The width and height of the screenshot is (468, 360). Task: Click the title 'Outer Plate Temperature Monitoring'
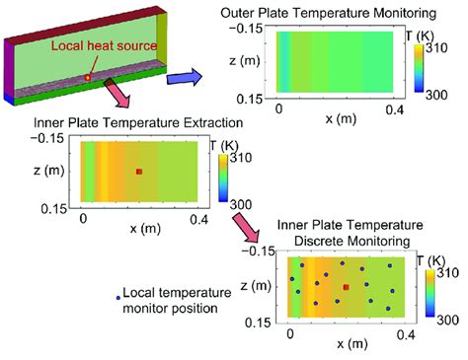coord(342,12)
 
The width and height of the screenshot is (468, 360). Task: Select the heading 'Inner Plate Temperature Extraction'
coord(118,126)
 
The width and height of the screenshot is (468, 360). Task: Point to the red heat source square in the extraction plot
coord(139,171)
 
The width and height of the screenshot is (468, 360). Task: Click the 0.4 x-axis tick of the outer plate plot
coord(394,108)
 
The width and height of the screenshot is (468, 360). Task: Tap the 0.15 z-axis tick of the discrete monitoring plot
coord(264,320)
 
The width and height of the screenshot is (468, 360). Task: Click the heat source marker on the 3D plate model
coord(88,77)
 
